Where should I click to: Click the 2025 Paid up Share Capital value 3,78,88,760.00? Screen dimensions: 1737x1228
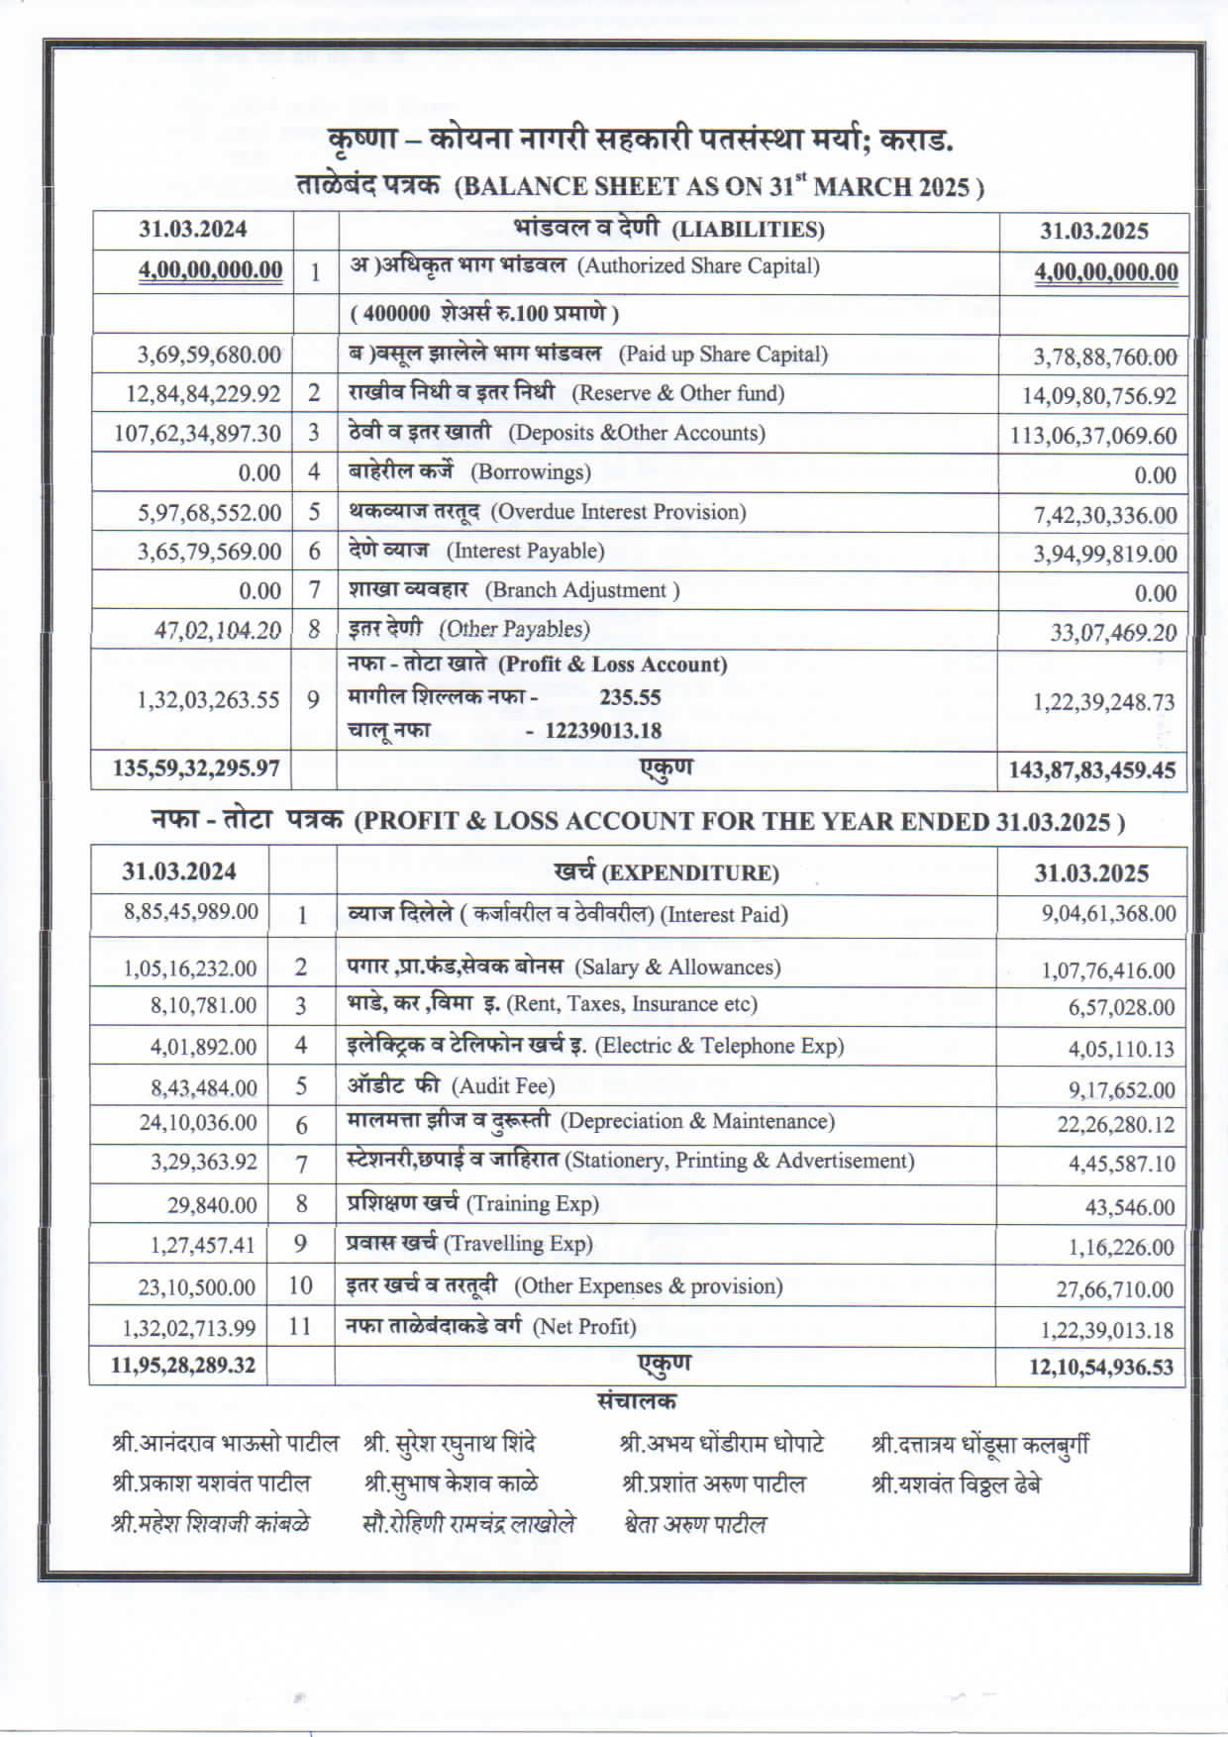pos(1104,357)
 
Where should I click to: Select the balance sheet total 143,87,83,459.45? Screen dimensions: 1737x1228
pos(1091,770)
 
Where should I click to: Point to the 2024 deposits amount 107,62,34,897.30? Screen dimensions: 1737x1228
pos(197,434)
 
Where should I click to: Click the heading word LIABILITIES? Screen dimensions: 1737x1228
pos(748,231)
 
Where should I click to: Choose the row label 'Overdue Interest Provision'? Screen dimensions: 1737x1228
pos(618,512)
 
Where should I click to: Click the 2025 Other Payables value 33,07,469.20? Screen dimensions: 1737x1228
pos(1113,633)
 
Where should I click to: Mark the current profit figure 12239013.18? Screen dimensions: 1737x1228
pos(603,731)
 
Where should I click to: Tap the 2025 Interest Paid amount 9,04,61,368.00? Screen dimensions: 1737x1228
pos(1108,914)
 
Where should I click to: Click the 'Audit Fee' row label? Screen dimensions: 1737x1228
pos(503,1086)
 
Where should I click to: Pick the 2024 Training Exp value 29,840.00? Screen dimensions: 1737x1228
pos(212,1205)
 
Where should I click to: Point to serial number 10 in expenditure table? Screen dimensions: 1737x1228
pos(300,1285)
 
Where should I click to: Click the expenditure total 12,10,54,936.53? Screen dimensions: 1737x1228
pos(1100,1368)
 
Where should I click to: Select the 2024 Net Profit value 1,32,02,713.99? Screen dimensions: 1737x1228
pos(188,1328)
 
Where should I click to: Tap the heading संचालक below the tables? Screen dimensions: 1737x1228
pos(637,1401)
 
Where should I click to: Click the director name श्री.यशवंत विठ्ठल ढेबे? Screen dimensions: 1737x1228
pos(955,1484)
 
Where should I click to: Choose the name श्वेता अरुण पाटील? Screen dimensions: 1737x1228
pos(695,1525)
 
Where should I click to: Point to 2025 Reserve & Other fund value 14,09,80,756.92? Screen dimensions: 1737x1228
pos(1099,396)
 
